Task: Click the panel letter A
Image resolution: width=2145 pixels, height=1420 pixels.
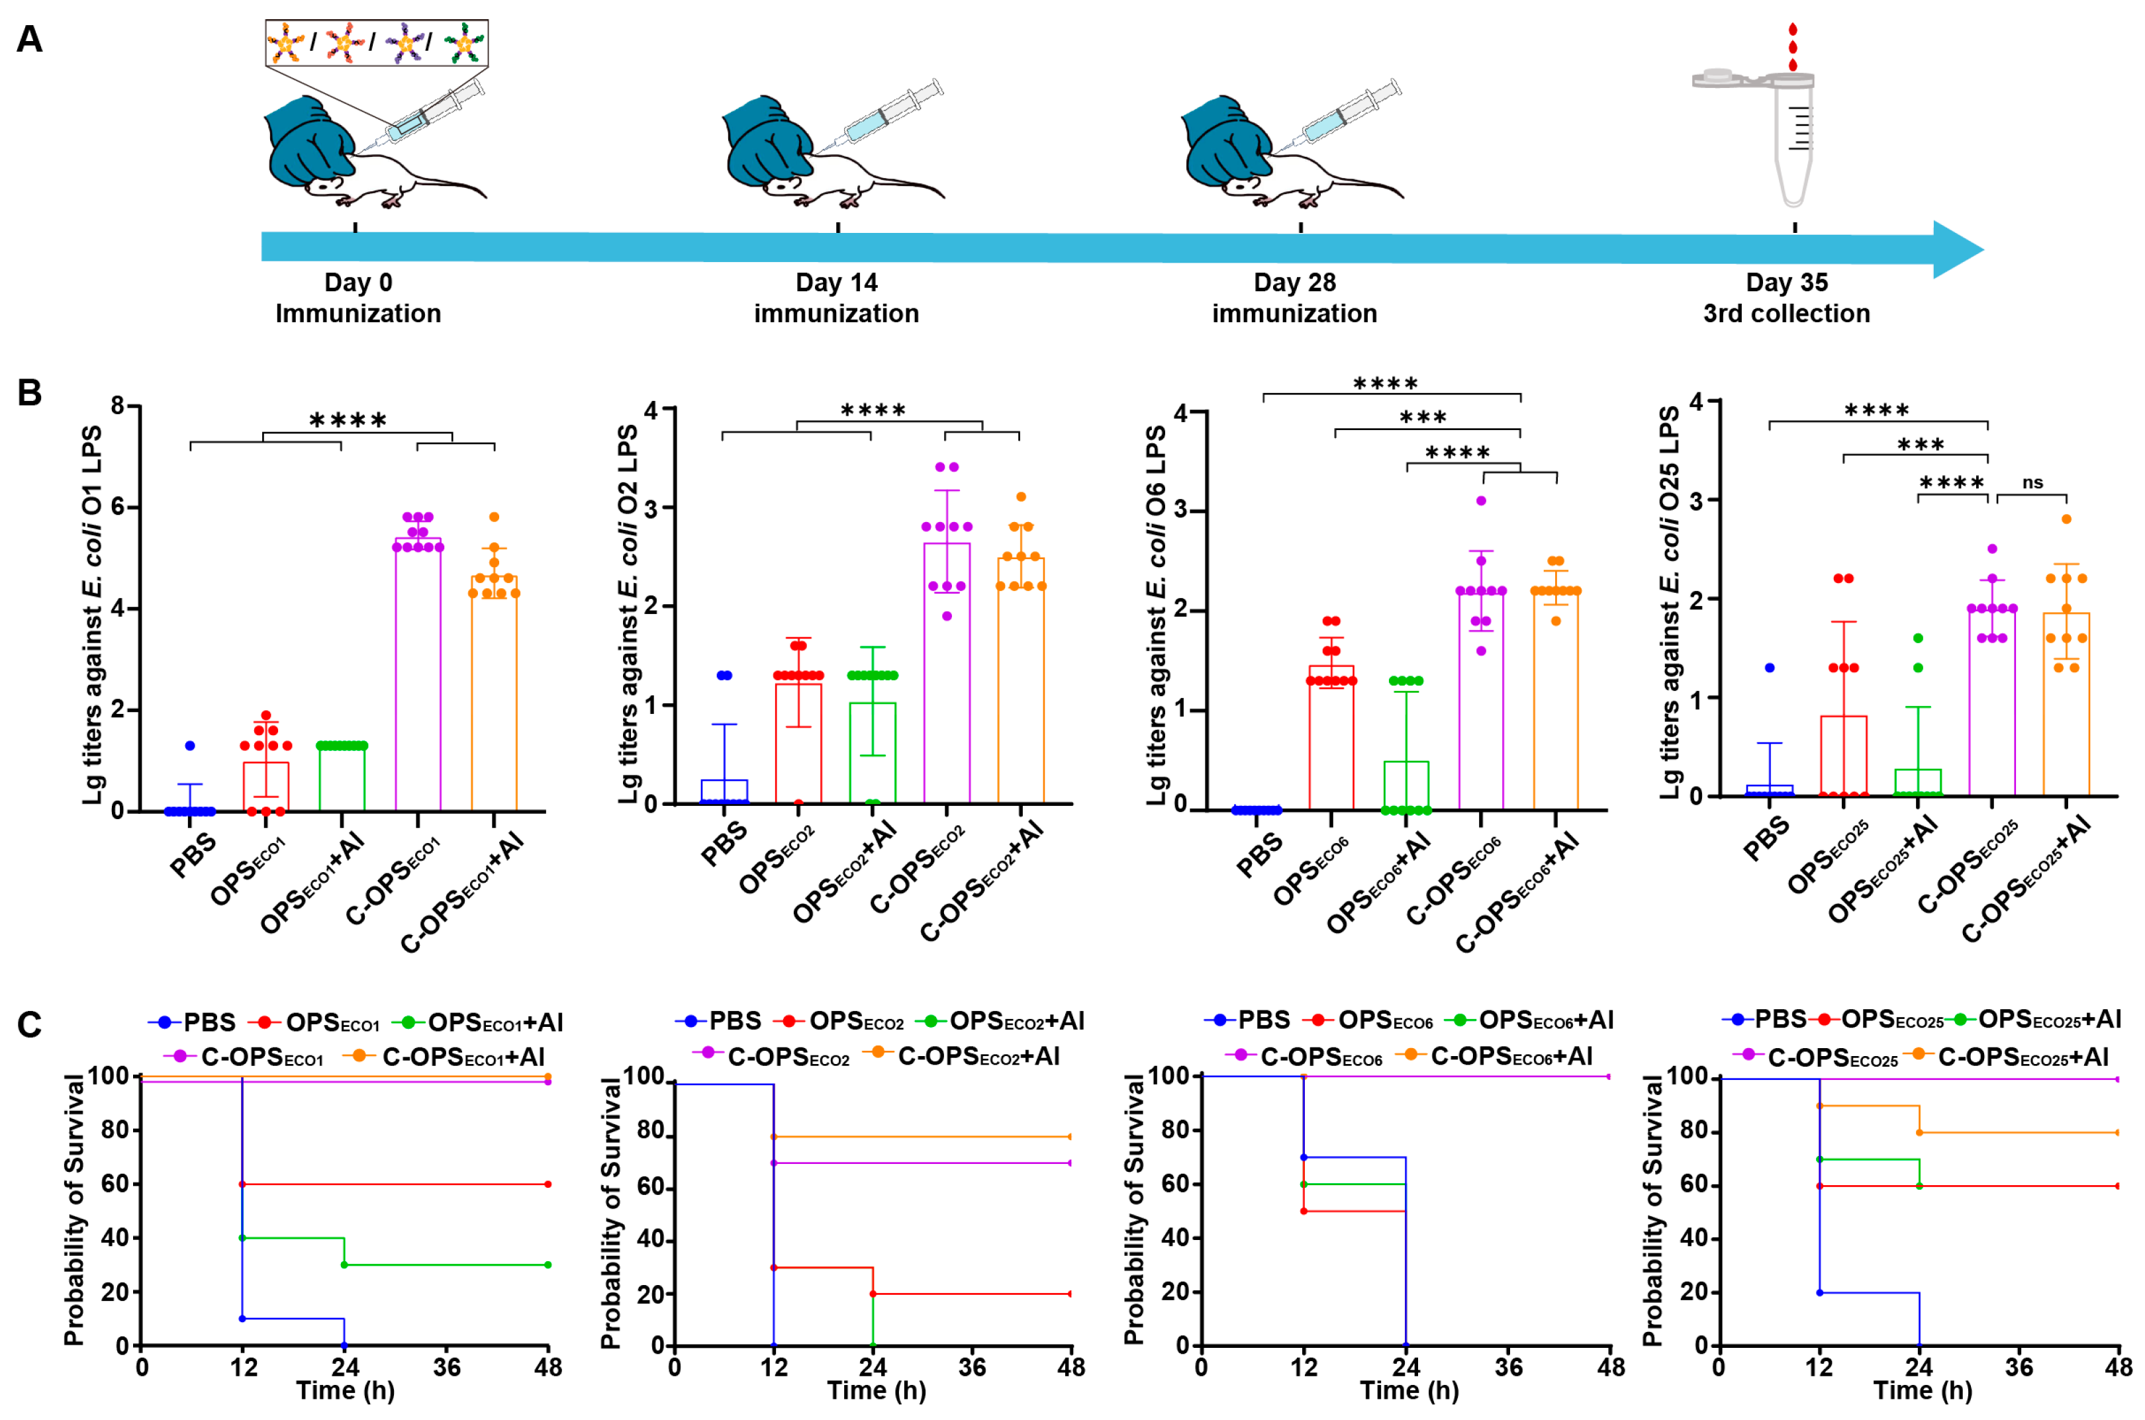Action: pyautogui.click(x=29, y=40)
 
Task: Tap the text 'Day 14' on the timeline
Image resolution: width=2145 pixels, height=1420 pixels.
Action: pyautogui.click(x=836, y=283)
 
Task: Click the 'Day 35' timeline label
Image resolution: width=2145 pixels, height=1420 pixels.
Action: pyautogui.click(x=1786, y=283)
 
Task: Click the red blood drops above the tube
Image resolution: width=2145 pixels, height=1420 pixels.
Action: pyautogui.click(x=1791, y=47)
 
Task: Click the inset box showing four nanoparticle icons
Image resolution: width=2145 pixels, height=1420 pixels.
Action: pyautogui.click(x=376, y=42)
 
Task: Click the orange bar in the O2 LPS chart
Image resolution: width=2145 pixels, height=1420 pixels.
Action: pyautogui.click(x=1020, y=679)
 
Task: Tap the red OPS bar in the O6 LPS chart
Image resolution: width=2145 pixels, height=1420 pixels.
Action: pyautogui.click(x=1331, y=737)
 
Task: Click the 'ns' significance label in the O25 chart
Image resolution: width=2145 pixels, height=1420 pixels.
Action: pyautogui.click(x=2032, y=482)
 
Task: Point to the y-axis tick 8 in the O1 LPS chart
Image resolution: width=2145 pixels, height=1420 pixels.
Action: pyautogui.click(x=118, y=406)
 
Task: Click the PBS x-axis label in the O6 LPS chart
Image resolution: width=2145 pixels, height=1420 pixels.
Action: pyautogui.click(x=1259, y=855)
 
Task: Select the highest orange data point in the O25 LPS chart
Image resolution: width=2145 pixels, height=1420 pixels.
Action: pyautogui.click(x=2066, y=519)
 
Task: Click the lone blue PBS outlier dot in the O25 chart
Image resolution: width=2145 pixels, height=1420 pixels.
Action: pyautogui.click(x=1769, y=668)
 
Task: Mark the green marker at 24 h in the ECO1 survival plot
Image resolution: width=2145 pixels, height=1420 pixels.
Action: pyautogui.click(x=344, y=1265)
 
